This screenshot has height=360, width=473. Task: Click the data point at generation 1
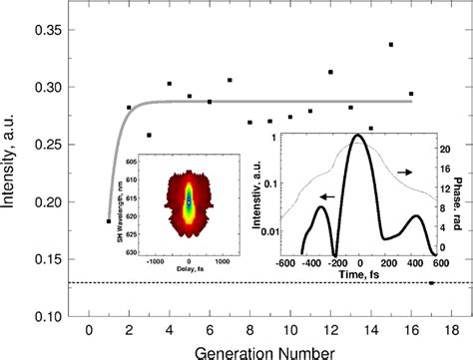point(108,221)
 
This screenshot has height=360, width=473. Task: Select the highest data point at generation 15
point(390,45)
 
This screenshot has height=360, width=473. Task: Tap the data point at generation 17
point(431,283)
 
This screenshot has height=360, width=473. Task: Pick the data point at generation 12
point(330,73)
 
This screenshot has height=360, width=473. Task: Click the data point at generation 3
point(149,135)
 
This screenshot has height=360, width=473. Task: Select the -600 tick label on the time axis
point(285,261)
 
